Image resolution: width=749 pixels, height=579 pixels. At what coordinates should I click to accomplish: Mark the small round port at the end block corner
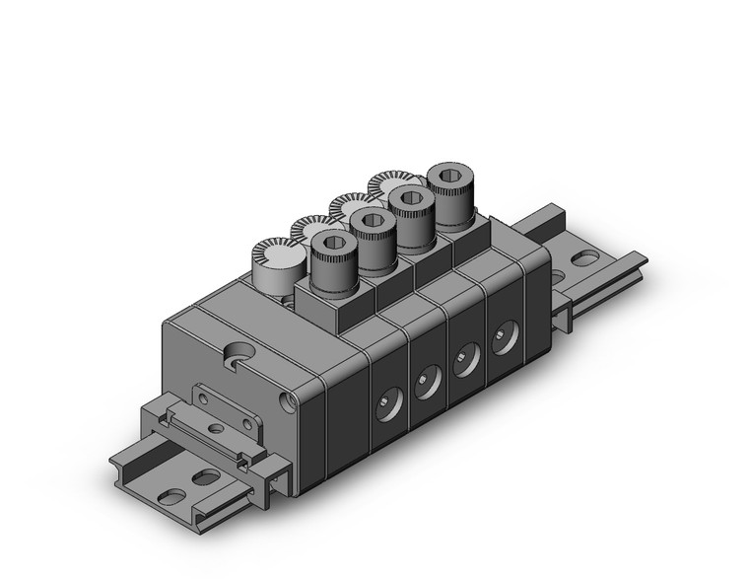coord(288,401)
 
